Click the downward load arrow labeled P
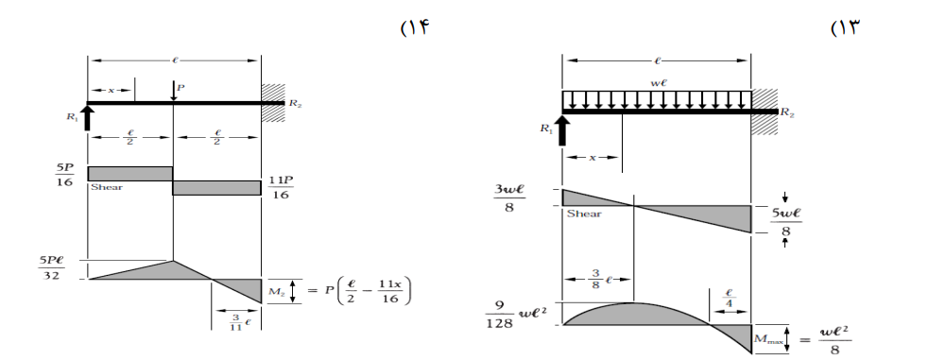(173, 91)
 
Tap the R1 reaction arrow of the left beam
(88, 117)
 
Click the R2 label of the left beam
(296, 103)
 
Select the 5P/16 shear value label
(64, 175)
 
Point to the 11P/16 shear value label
(281, 187)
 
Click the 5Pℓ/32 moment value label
(51, 267)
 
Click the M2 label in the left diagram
(277, 291)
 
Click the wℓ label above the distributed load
(658, 83)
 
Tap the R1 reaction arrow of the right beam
(562, 130)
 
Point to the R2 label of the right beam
(787, 112)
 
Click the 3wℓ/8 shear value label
(509, 197)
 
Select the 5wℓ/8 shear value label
(786, 221)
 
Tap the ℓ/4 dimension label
(730, 299)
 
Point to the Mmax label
(768, 340)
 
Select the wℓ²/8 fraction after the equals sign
(835, 339)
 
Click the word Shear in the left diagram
(107, 187)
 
